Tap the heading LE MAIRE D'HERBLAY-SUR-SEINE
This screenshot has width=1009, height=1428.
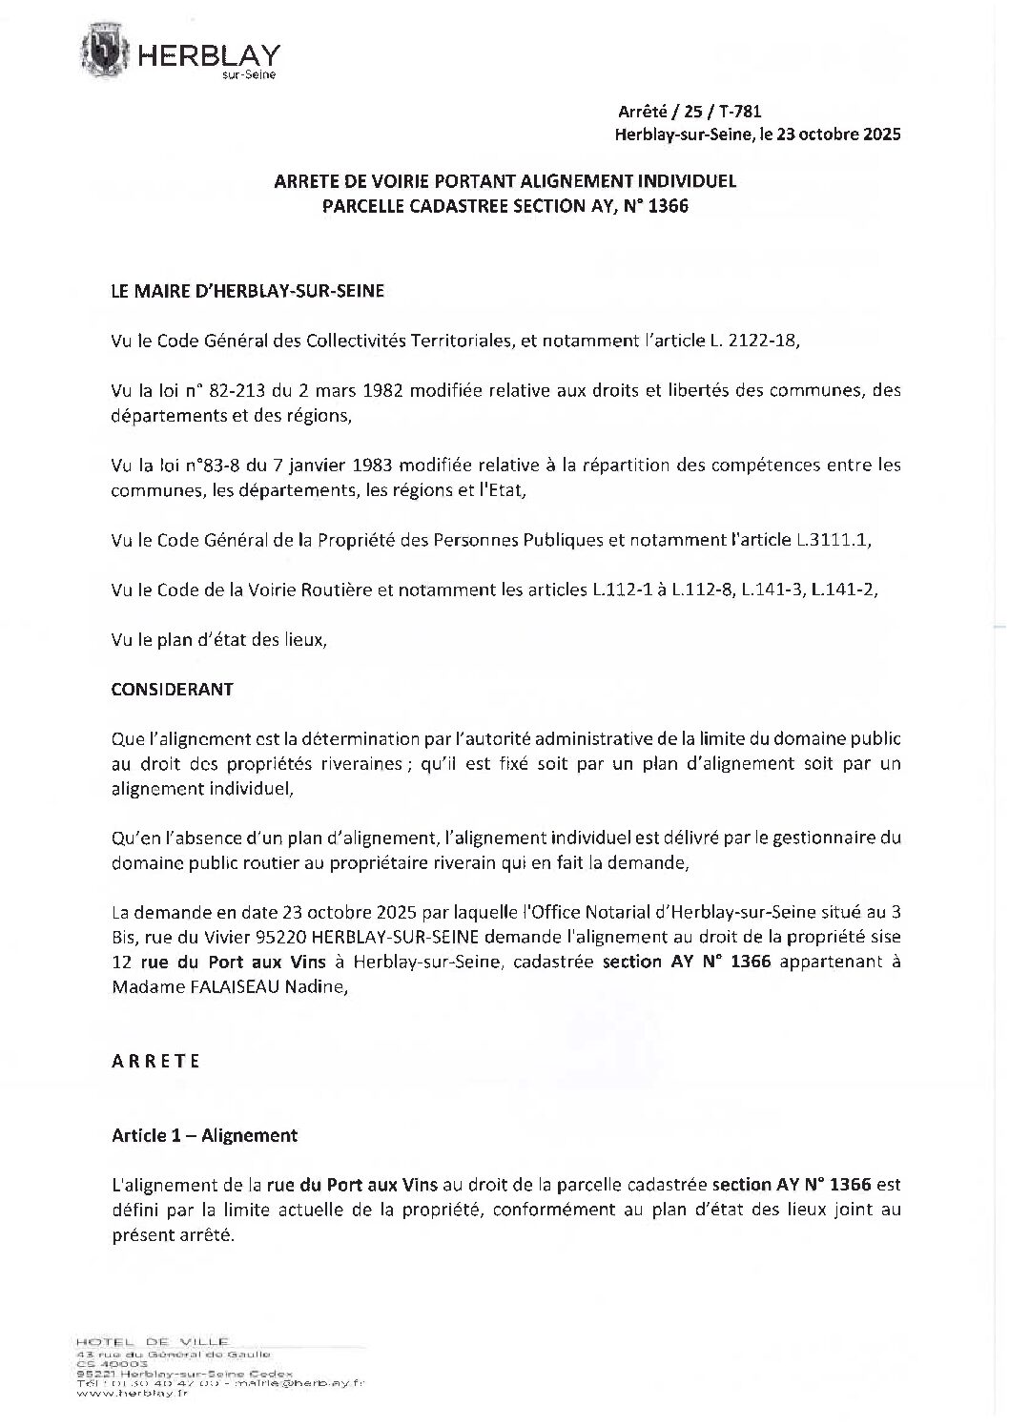click(x=248, y=292)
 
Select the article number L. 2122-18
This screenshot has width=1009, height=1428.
click(x=759, y=341)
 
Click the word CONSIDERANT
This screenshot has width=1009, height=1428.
click(x=173, y=689)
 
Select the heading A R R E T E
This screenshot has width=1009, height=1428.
click(x=156, y=1061)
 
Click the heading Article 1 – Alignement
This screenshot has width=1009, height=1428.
click(x=205, y=1135)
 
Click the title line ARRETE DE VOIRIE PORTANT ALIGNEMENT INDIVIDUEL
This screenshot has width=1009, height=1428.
click(x=504, y=181)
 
